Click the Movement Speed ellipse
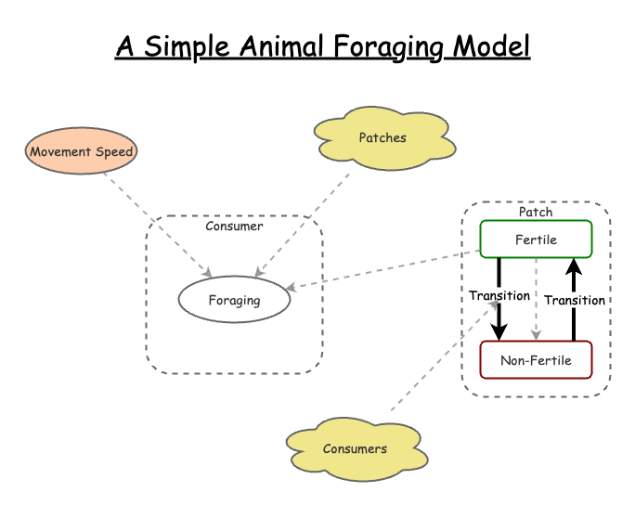pyautogui.click(x=81, y=151)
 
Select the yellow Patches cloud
pyautogui.click(x=384, y=138)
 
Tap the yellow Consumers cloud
pyautogui.click(x=356, y=449)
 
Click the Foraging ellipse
pyautogui.click(x=234, y=300)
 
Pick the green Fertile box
pyautogui.click(x=536, y=240)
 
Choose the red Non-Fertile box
pyautogui.click(x=536, y=360)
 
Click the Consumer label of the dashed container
pyautogui.click(x=234, y=226)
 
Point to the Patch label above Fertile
pyautogui.click(x=536, y=212)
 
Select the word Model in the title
pyautogui.click(x=491, y=45)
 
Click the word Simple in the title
pyautogui.click(x=187, y=47)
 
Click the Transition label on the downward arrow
pyautogui.click(x=499, y=295)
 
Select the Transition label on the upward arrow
pyautogui.click(x=575, y=300)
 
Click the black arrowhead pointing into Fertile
pyautogui.click(x=574, y=266)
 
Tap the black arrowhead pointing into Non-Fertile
pyautogui.click(x=499, y=332)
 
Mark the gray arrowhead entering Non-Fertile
pyautogui.click(x=537, y=335)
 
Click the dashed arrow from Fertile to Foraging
pyautogui.click(x=382, y=270)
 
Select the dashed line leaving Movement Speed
pyautogui.click(x=158, y=226)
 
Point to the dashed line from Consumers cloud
pyautogui.click(x=445, y=356)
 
